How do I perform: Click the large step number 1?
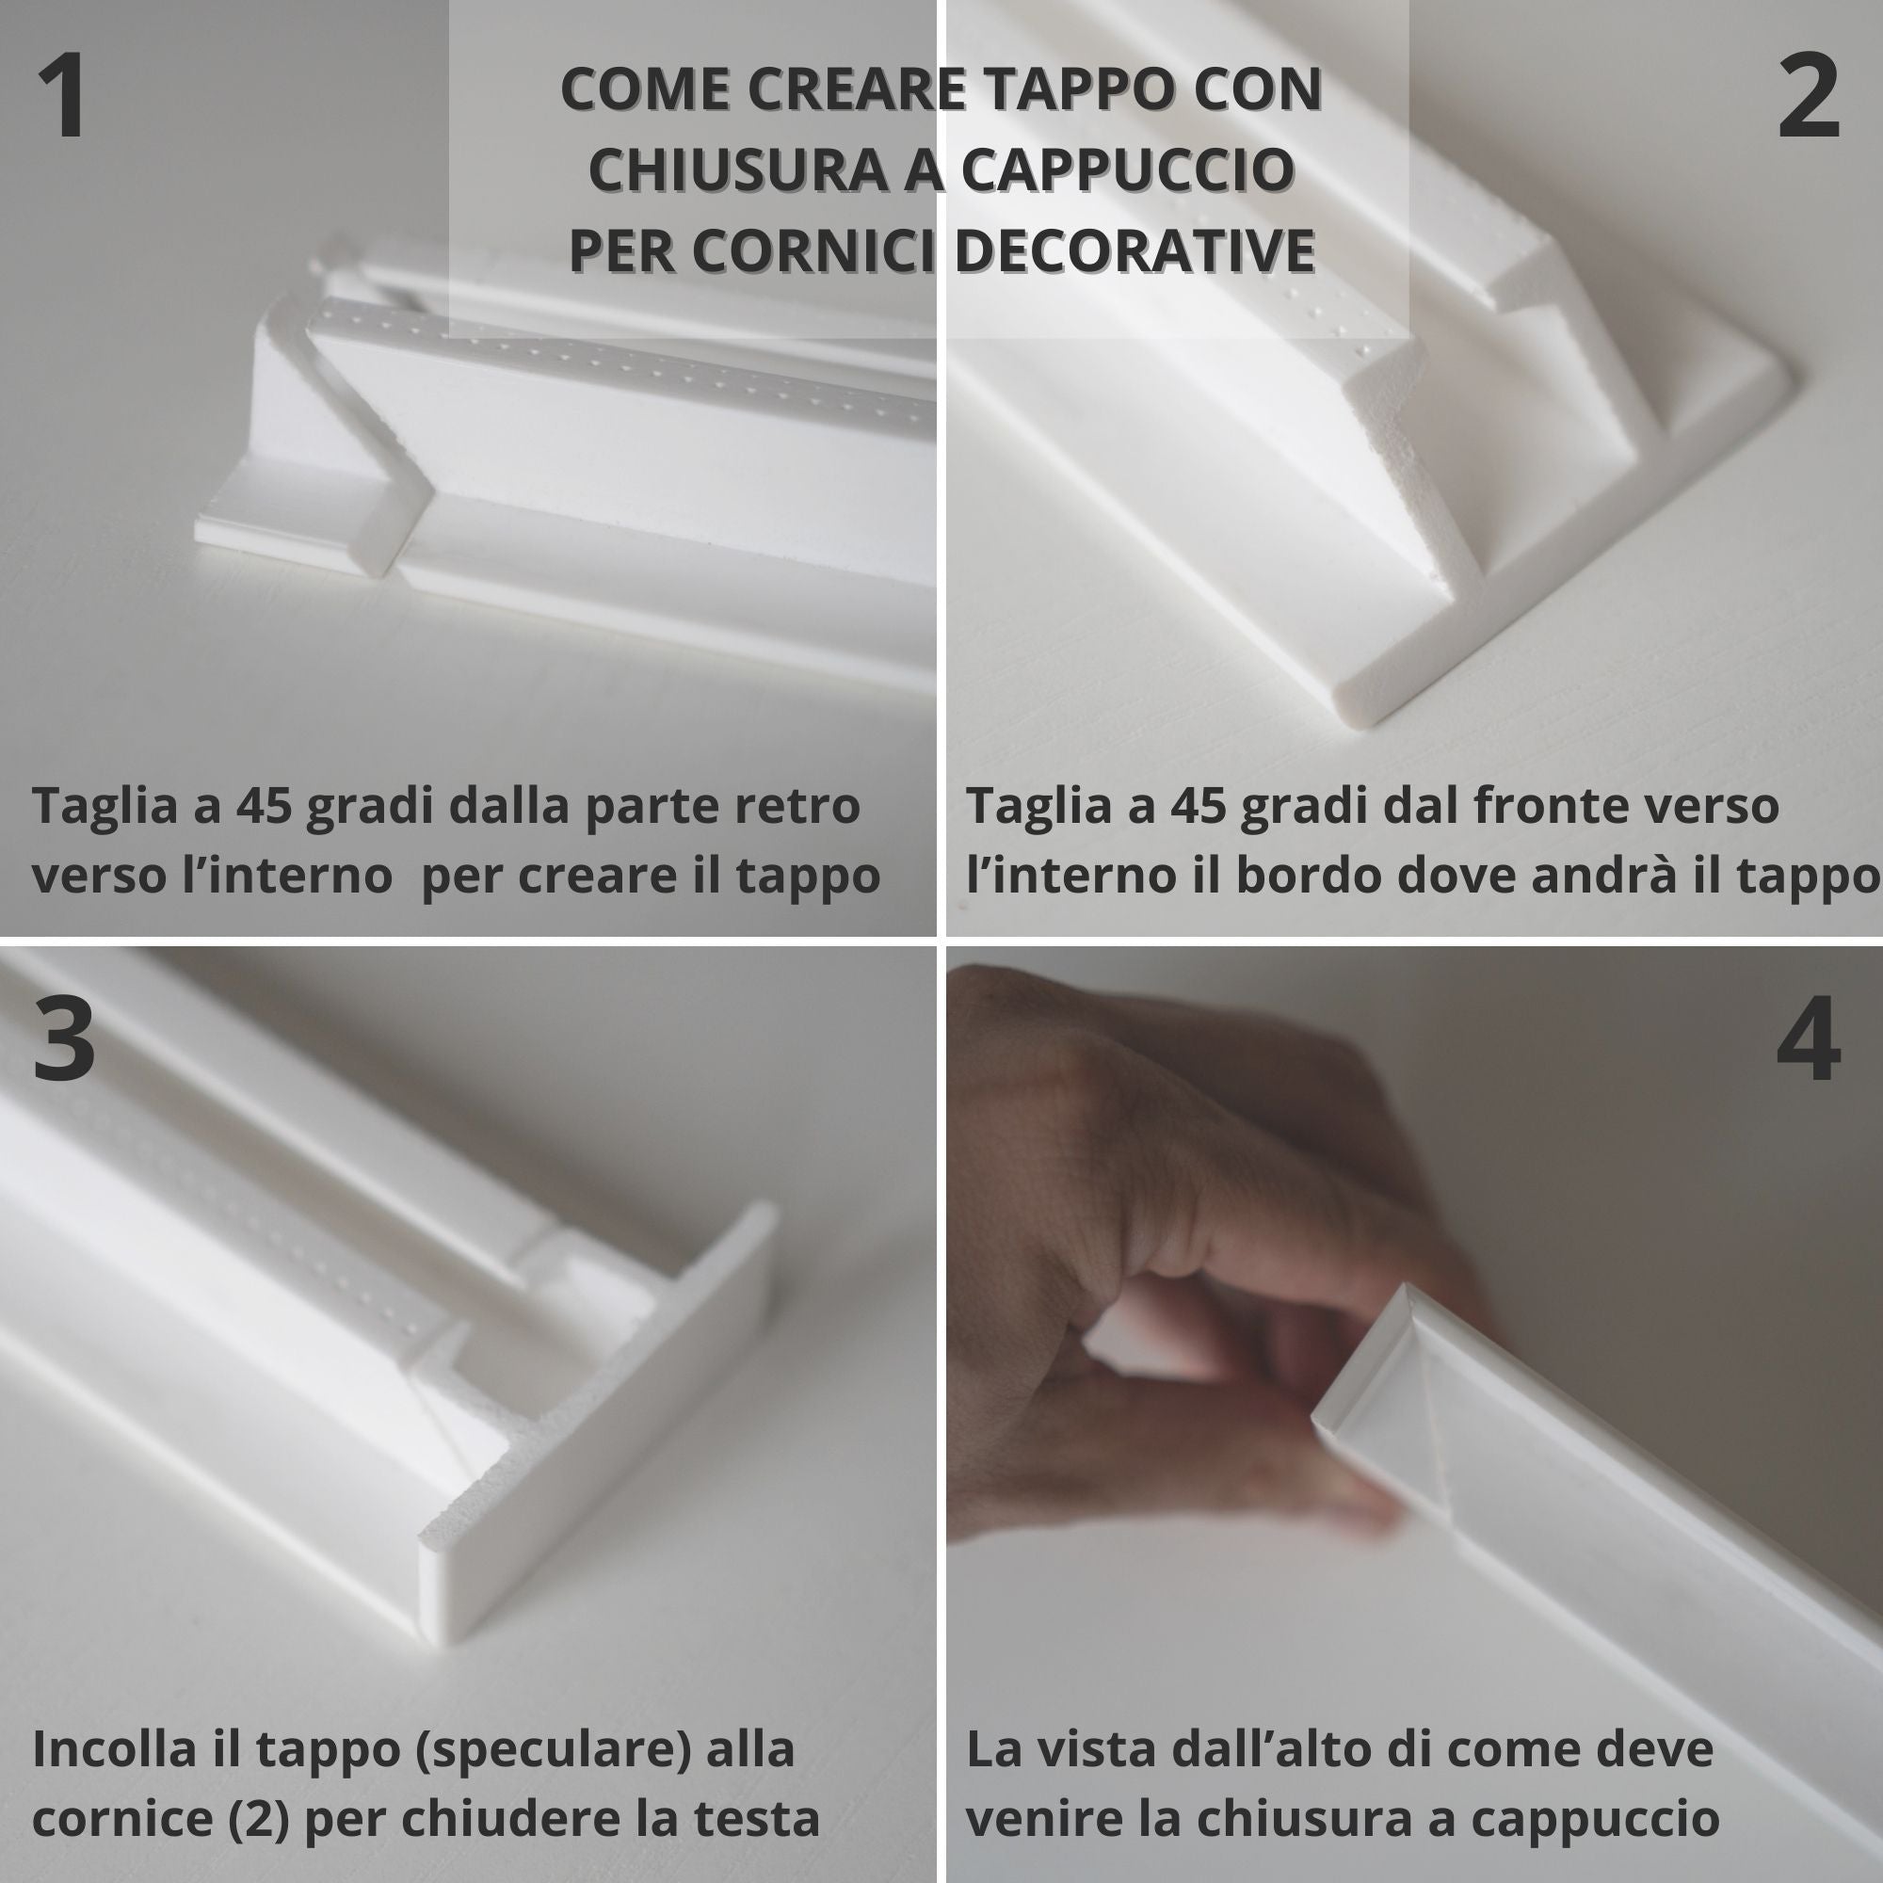pos(61,96)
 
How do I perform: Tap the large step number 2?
pos(1809,96)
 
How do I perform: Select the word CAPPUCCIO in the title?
pos(1128,169)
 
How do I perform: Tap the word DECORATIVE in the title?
pos(1135,249)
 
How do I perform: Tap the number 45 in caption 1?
pos(264,807)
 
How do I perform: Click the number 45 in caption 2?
pos(1198,807)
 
